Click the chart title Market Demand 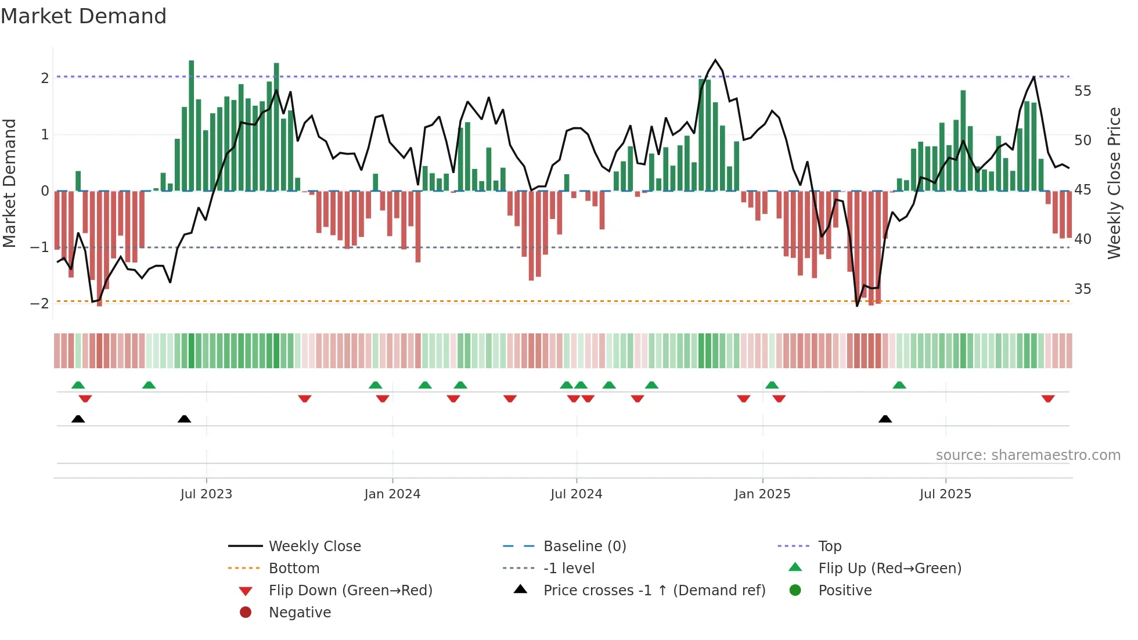point(84,16)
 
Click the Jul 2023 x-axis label point(206,494)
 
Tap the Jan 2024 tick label point(392,494)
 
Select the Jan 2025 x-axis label point(762,494)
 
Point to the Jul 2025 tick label point(945,494)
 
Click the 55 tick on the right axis point(1082,91)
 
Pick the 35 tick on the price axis point(1082,289)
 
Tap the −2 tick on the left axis point(39,304)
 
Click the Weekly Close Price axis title point(1114,183)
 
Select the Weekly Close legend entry point(314,546)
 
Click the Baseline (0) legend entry point(584,546)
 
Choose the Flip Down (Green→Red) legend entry point(350,591)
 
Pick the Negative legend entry point(300,613)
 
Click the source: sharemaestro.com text point(1028,455)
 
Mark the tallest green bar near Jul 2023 point(192,125)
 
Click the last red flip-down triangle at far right point(1048,399)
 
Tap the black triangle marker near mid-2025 point(885,419)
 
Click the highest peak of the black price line point(715,60)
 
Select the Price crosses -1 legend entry point(654,591)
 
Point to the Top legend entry point(829,546)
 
